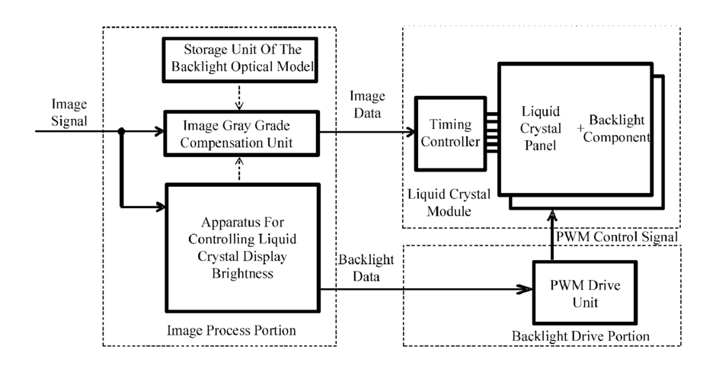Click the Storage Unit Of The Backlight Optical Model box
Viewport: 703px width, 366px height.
click(x=240, y=59)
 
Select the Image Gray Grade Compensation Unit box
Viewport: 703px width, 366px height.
click(x=241, y=133)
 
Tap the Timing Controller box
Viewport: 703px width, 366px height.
click(x=451, y=133)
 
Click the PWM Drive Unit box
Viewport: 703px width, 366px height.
click(x=585, y=293)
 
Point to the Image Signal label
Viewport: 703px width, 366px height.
click(x=69, y=112)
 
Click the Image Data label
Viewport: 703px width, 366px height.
click(x=367, y=104)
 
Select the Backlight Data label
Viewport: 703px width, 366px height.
click(x=366, y=268)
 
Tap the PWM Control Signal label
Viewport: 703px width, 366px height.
click(x=617, y=236)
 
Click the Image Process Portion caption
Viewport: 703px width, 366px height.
click(x=232, y=330)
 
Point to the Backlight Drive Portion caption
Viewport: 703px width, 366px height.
click(x=580, y=336)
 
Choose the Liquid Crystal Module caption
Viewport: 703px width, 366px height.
click(x=449, y=203)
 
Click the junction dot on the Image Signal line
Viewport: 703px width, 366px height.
click(x=121, y=131)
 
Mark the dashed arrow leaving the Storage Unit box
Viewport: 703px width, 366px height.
click(x=239, y=97)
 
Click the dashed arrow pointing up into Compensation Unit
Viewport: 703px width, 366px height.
click(x=239, y=169)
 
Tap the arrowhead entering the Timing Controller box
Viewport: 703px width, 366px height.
click(x=410, y=132)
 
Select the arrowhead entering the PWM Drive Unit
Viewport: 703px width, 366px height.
click(x=525, y=289)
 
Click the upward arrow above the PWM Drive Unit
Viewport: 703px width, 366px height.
click(x=552, y=235)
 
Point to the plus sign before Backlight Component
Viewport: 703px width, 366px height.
click(x=580, y=128)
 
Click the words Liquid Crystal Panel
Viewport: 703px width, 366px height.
click(x=540, y=128)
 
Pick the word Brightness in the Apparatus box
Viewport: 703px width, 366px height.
click(x=242, y=274)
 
